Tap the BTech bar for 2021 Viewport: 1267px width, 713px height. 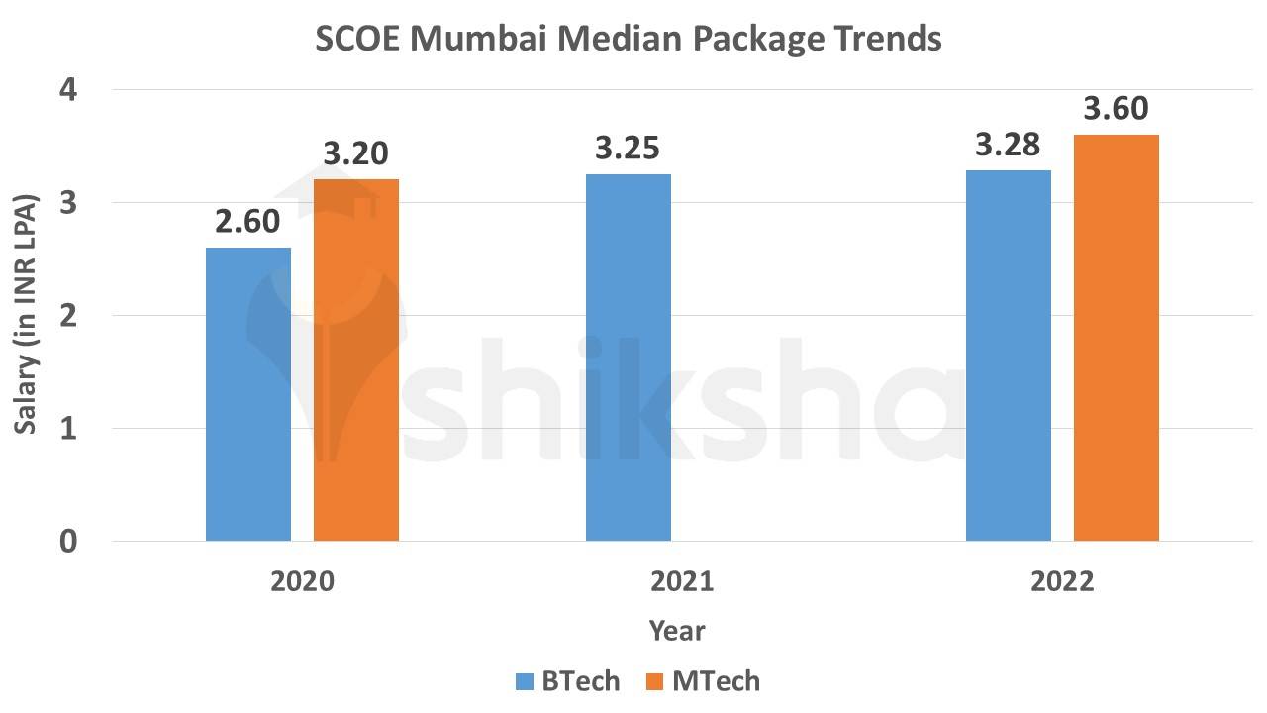point(629,357)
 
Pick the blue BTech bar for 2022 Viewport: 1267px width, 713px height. point(1009,356)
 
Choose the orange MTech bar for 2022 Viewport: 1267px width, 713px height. point(1117,338)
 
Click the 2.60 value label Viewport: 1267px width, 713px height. point(248,223)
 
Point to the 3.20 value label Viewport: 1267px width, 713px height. point(355,154)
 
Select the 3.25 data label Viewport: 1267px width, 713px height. point(628,150)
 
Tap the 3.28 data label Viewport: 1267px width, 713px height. point(1008,146)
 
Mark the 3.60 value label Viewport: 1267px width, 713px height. point(1116,109)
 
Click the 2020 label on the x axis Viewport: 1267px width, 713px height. point(302,581)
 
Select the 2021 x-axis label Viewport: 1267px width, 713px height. point(682,581)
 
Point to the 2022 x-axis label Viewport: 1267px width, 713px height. point(1062,581)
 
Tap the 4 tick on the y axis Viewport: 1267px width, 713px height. point(68,90)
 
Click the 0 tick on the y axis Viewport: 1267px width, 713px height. point(68,542)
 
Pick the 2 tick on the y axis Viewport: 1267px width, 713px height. point(68,316)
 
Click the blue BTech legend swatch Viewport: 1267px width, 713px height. point(525,682)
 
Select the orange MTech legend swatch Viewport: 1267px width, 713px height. point(655,682)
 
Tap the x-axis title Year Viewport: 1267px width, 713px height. point(677,631)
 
